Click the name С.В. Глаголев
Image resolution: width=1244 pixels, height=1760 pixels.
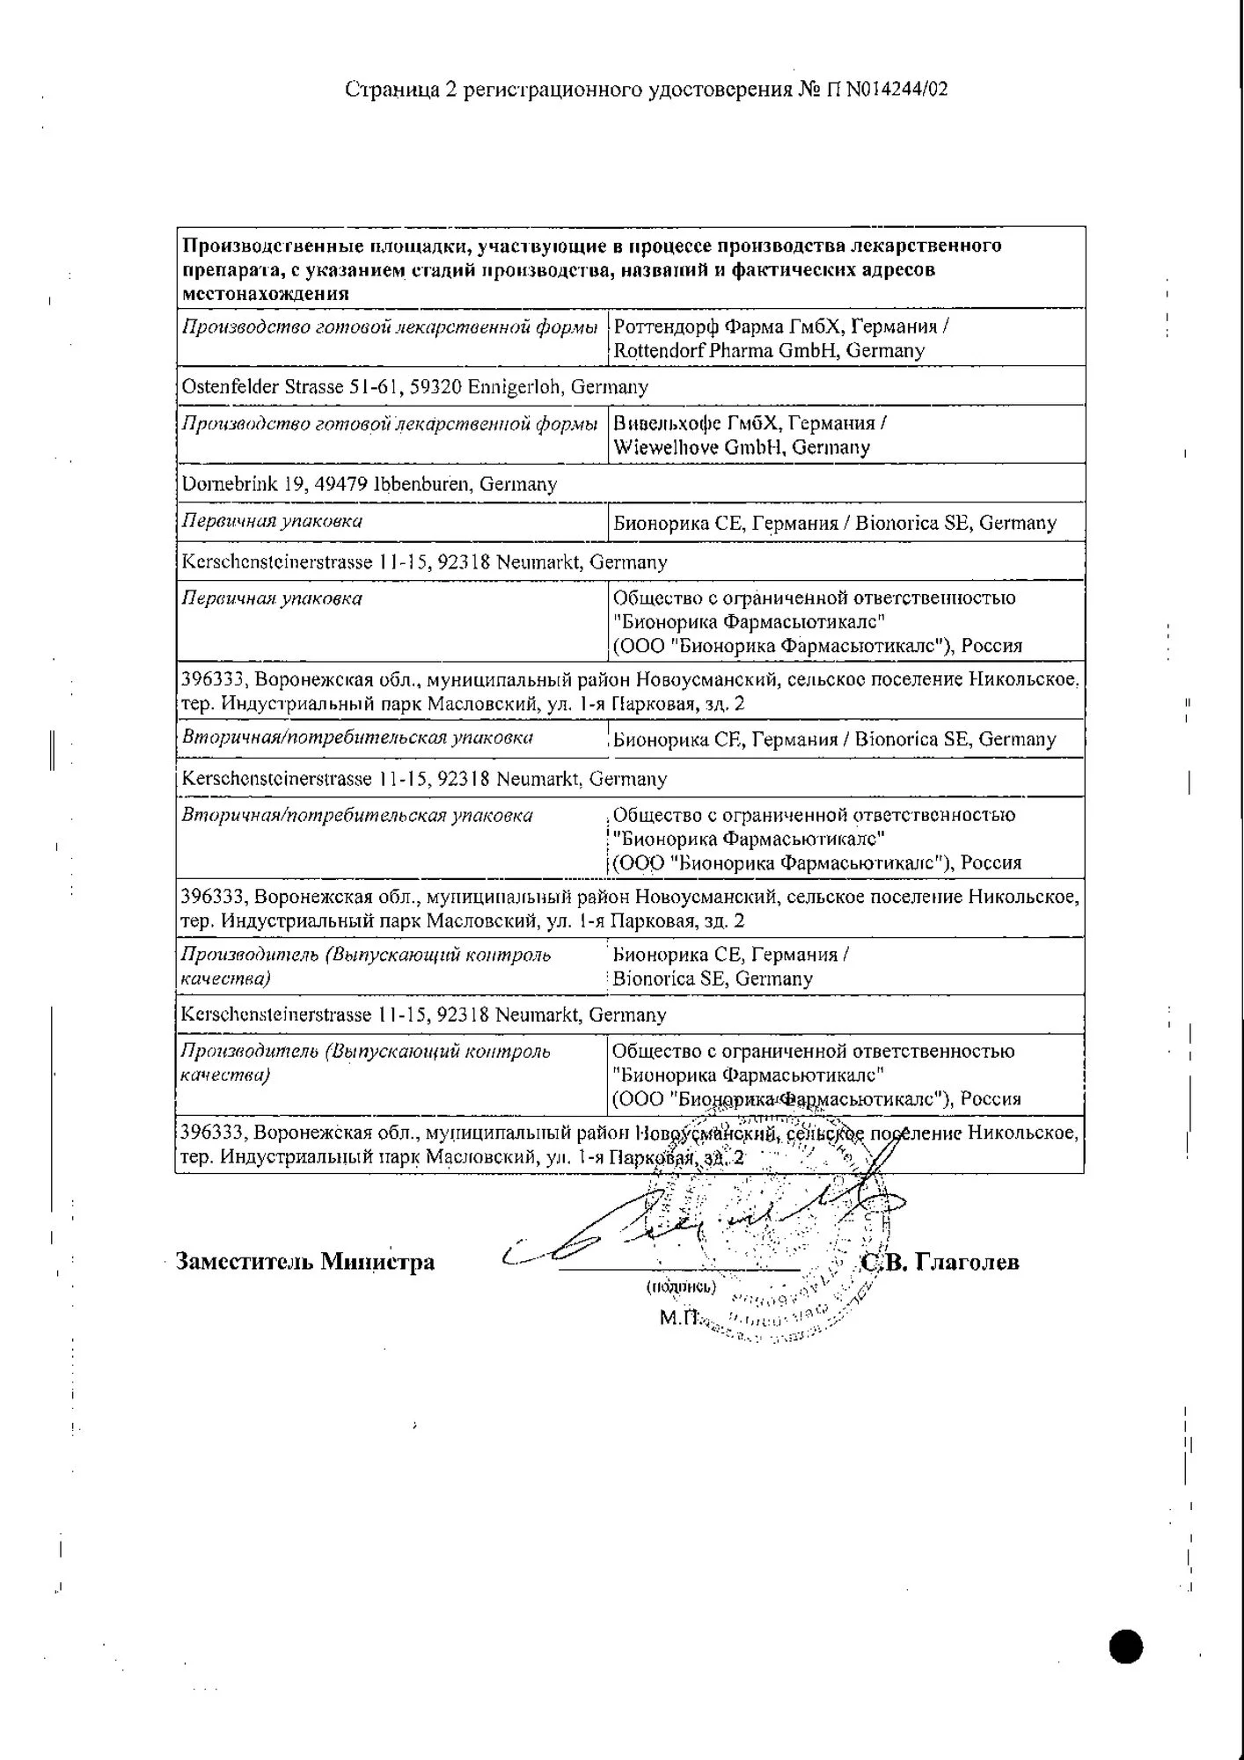[940, 1263]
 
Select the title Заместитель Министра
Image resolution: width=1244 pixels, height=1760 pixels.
[305, 1262]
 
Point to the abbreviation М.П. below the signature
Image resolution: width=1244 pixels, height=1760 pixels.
[678, 1318]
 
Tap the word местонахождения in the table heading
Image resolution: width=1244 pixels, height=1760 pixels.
[266, 293]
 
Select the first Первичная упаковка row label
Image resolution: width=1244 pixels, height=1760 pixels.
[272, 521]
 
